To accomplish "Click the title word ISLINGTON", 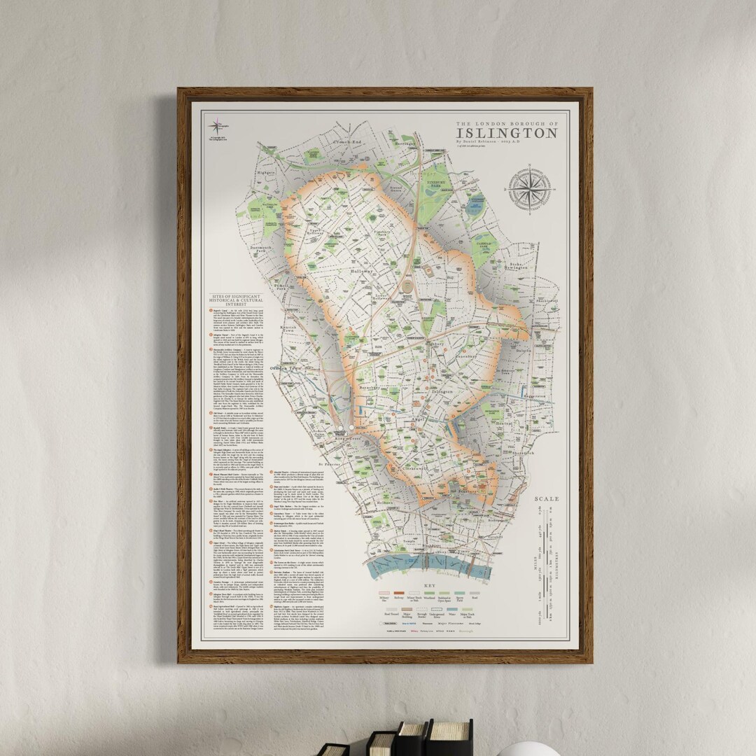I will pyautogui.click(x=507, y=133).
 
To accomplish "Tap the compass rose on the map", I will pyautogui.click(x=530, y=188).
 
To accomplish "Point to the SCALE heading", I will pyautogui.click(x=547, y=499).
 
